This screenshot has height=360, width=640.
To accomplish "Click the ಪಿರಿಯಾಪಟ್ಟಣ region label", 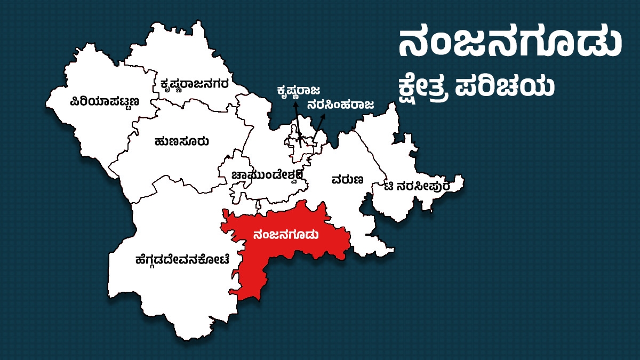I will coord(105,101).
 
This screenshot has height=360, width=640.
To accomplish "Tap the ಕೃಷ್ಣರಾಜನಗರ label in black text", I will coord(195,84).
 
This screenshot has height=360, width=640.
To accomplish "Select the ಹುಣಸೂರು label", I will coord(181,142).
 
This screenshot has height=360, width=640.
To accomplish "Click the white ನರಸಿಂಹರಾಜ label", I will coord(340,105).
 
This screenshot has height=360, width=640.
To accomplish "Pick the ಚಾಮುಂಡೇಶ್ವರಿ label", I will coord(268,175).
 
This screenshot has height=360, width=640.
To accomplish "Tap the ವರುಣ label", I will coord(347,179).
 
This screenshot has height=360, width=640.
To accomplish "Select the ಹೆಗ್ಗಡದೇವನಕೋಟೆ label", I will coord(183,260).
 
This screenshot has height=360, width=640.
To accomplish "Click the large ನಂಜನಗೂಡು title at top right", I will coord(510,45).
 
